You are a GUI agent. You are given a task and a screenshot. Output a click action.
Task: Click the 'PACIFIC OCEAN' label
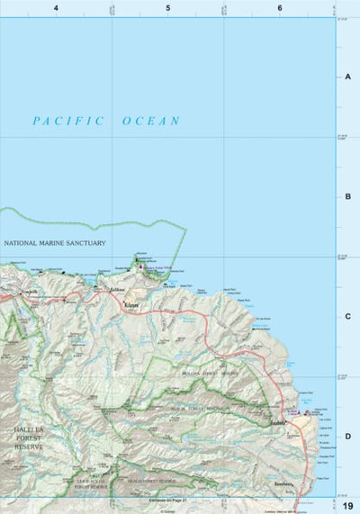pos(105,121)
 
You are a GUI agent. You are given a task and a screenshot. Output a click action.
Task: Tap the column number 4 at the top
pos(56,8)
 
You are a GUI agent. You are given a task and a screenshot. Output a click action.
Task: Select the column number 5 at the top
pos(167,8)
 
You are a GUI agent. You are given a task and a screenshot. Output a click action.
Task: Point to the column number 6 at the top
pos(280,8)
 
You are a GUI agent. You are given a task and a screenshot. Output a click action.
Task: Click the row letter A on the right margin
pos(347,77)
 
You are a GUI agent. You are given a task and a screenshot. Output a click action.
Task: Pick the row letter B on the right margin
pos(347,196)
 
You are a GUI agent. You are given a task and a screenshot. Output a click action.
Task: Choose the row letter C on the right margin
pos(347,316)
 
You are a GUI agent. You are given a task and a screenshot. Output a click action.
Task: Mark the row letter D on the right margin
pos(347,436)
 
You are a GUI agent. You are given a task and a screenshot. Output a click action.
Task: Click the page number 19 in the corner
pos(346,506)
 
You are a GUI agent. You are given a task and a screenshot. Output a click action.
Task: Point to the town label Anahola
pos(278,422)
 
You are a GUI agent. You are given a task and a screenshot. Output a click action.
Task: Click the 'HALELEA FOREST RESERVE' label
pos(29,437)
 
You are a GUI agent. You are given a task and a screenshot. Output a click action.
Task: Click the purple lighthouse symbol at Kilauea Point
pos(140,266)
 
